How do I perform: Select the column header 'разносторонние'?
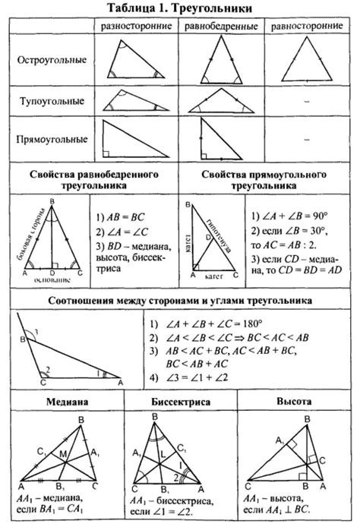pyautogui.click(x=134, y=25)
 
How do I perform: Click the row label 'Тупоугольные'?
pyautogui.click(x=52, y=100)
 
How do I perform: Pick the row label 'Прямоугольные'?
pyautogui.click(x=52, y=140)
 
